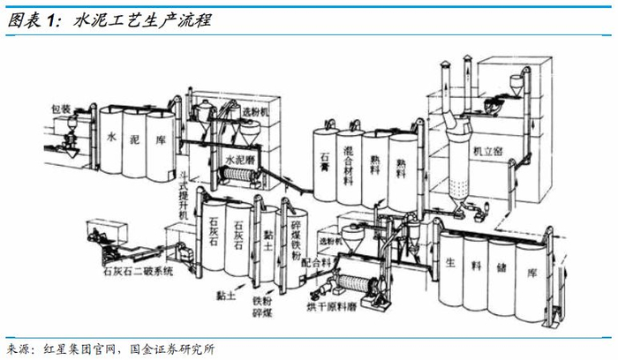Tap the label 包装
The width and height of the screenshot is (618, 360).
coord(60,109)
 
